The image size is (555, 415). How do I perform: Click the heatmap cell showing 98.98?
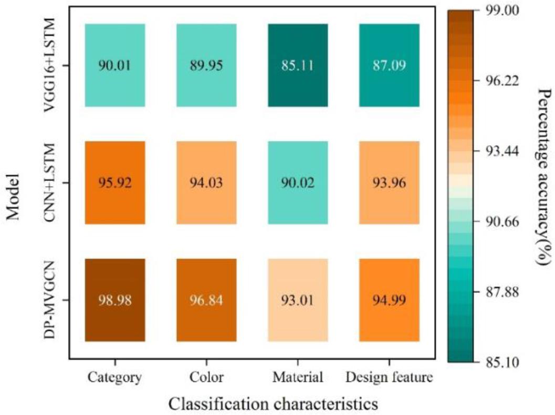pos(114,300)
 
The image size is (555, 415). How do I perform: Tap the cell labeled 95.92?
pos(114,183)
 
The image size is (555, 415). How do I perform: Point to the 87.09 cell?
pos(389,65)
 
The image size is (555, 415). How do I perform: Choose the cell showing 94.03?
pos(205,183)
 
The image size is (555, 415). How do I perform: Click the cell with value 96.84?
pos(205,300)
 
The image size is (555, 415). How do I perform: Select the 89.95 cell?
pos(205,65)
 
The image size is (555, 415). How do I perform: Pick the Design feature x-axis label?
pos(389,377)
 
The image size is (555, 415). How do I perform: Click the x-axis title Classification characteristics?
pos(274,403)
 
